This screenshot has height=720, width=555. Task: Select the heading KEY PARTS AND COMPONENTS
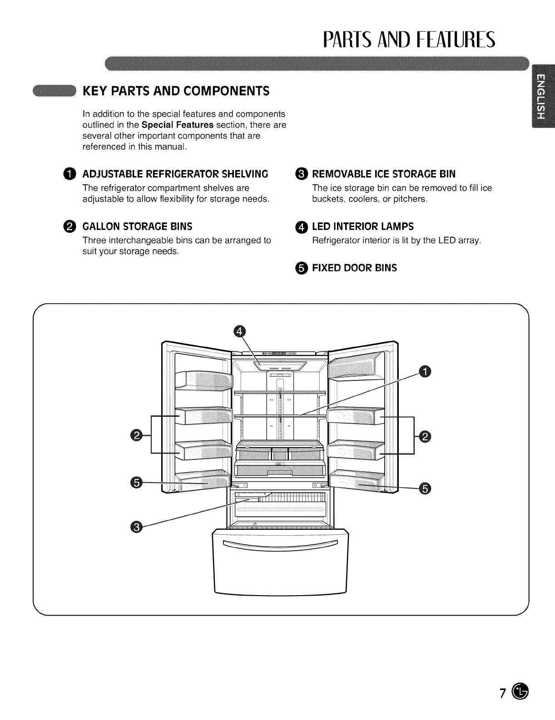(x=176, y=91)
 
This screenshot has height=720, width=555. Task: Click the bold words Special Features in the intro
(x=178, y=125)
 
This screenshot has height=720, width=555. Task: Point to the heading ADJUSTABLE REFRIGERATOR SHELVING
(x=175, y=174)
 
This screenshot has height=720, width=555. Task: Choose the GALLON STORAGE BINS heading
(x=137, y=227)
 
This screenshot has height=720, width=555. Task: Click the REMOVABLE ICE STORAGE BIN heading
(x=384, y=174)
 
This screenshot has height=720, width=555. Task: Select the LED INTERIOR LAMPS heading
(x=363, y=227)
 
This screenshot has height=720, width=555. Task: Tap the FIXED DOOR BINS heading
(x=354, y=268)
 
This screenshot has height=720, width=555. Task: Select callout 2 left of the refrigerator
(x=135, y=435)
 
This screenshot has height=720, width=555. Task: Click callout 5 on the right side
(x=426, y=488)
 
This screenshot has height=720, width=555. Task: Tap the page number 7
(x=503, y=694)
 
